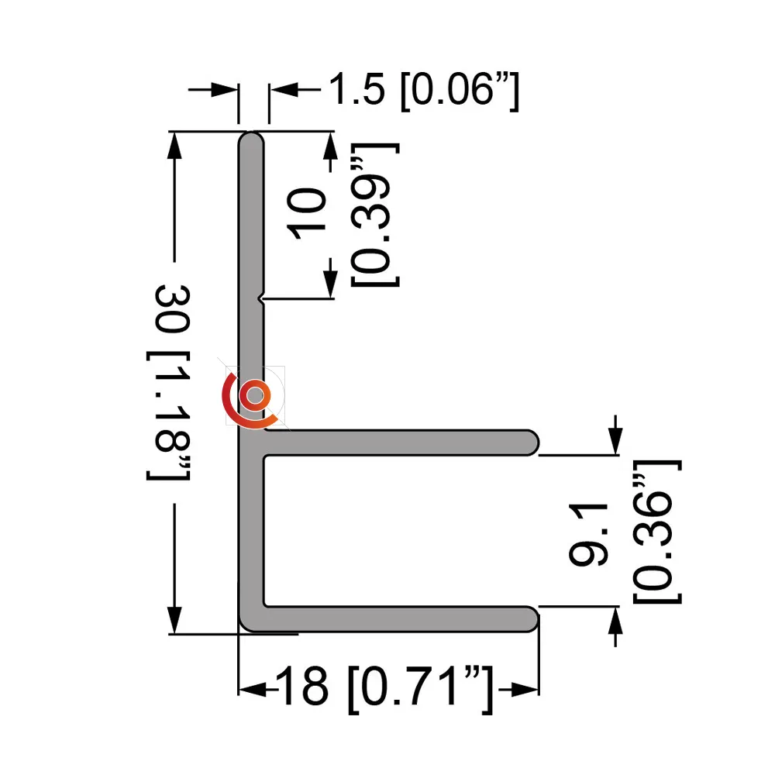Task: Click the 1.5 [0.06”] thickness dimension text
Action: (x=424, y=91)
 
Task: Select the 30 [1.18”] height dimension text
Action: (x=170, y=382)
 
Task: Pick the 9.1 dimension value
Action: (x=588, y=535)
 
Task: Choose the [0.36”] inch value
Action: (x=657, y=532)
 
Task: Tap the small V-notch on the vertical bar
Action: (x=261, y=298)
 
